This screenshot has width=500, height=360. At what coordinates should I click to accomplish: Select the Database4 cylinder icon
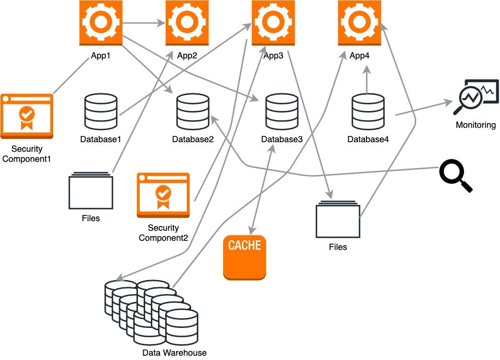368,111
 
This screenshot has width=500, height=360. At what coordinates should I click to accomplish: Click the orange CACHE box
244,258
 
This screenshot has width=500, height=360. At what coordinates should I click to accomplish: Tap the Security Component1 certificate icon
26,115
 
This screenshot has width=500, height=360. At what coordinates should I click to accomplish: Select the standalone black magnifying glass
455,176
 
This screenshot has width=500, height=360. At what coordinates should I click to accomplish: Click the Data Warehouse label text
174,353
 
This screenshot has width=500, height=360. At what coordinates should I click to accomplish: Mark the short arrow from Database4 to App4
367,79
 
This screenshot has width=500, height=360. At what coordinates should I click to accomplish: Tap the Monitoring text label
476,125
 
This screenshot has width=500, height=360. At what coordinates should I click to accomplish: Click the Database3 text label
282,139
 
